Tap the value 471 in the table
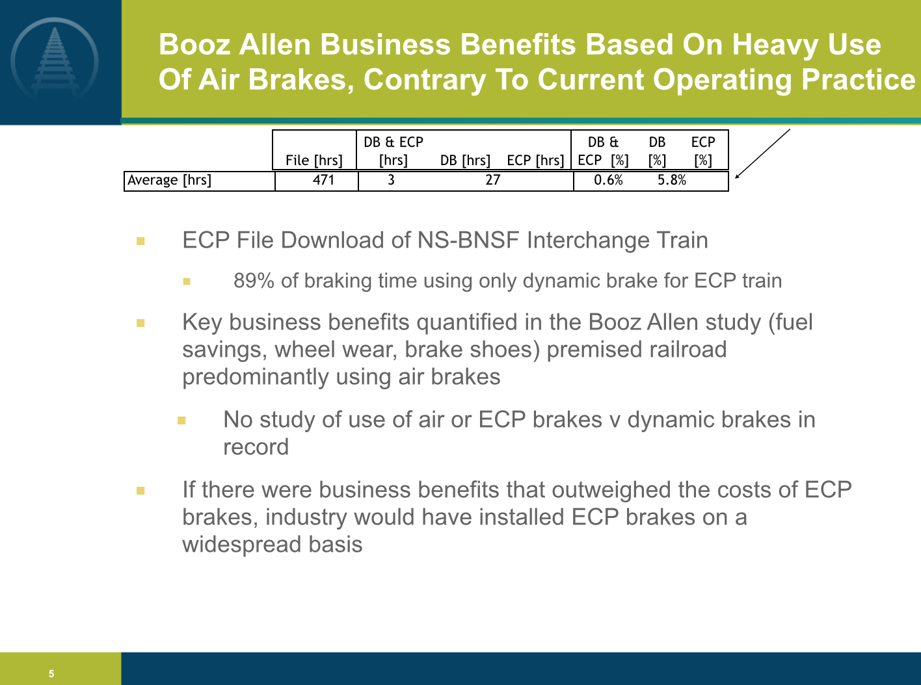[323, 180]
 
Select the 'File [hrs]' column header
[314, 160]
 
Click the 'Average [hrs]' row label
[169, 180]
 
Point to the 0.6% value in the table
[608, 180]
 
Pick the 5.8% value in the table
[672, 180]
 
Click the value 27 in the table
[493, 180]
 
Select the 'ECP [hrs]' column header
[536, 160]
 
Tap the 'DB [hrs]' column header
[465, 160]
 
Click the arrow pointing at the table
[762, 154]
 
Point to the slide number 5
[51, 673]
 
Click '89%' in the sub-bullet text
[254, 281]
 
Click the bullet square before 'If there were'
[140, 491]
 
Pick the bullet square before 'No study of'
[181, 420]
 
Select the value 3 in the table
[391, 180]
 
